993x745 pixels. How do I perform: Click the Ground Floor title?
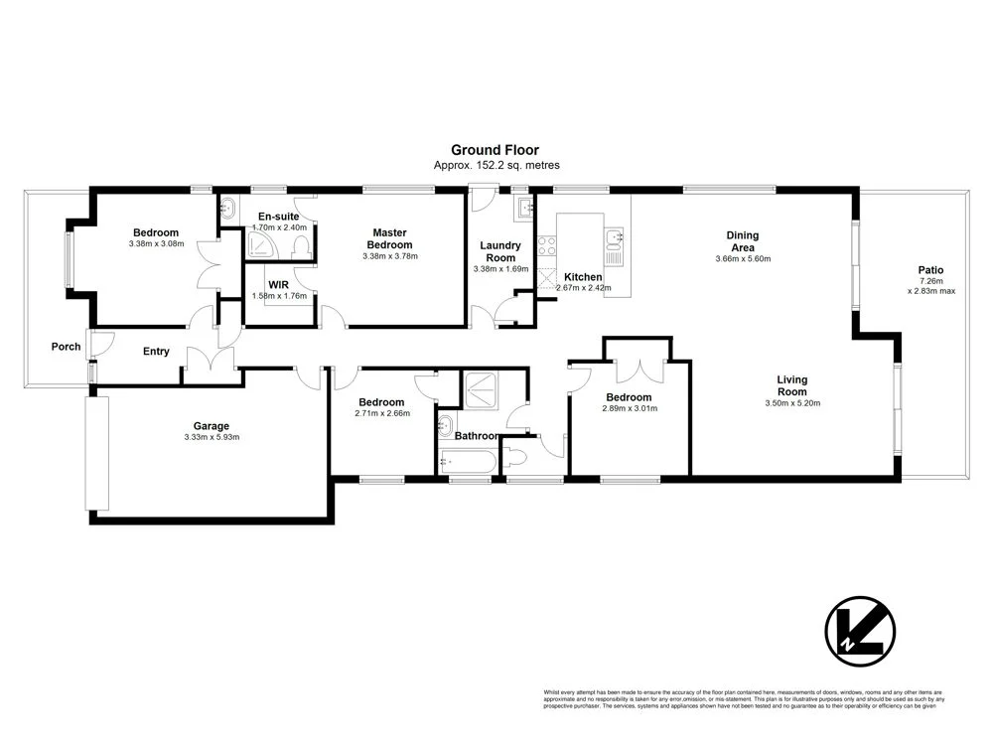point(495,150)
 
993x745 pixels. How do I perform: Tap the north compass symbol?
point(860,631)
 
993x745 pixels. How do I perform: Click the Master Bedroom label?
point(389,238)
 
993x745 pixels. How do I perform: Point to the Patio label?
point(930,270)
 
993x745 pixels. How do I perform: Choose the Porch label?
point(67,347)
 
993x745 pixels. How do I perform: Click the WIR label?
point(277,284)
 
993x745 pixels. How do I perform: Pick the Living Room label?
point(791,385)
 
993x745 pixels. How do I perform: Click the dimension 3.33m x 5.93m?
point(212,437)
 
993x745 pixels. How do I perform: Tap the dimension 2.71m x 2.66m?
point(381,413)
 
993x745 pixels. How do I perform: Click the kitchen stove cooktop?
point(546,245)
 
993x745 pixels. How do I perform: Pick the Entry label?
point(156,352)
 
